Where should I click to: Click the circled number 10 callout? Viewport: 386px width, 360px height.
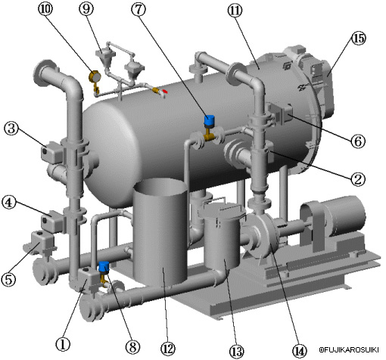click(x=45, y=9)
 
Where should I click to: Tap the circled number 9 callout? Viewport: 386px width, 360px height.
click(x=86, y=9)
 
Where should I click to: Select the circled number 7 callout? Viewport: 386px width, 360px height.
click(x=139, y=9)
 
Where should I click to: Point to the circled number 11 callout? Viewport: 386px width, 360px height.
click(x=235, y=11)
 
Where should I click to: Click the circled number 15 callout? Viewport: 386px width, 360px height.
click(x=359, y=39)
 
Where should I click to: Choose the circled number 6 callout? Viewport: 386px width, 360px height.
click(x=358, y=141)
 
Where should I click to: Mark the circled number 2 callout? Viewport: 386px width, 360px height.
click(x=358, y=179)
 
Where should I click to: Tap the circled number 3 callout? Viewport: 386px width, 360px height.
click(x=11, y=128)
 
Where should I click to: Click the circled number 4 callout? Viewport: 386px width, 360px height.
click(x=9, y=203)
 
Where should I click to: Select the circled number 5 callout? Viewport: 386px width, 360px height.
click(x=8, y=279)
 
